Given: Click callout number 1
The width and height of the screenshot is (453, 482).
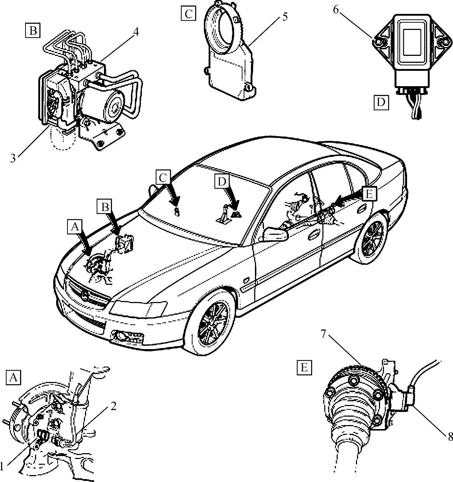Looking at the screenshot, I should click(2, 466).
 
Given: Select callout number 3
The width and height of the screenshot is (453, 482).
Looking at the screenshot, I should click(13, 158).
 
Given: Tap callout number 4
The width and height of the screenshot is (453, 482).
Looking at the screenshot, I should click(135, 32).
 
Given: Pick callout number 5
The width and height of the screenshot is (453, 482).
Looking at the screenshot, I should click(284, 16).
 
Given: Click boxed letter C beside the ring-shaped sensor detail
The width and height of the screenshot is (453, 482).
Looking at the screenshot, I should click(188, 14).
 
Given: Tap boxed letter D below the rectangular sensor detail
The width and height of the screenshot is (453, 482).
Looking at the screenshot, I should click(381, 102).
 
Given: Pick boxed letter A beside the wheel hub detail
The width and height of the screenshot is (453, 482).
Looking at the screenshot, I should click(13, 377).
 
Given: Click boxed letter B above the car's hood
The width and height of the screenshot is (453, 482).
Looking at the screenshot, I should click(105, 207).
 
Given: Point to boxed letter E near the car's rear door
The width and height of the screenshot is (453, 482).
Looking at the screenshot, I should click(369, 194).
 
